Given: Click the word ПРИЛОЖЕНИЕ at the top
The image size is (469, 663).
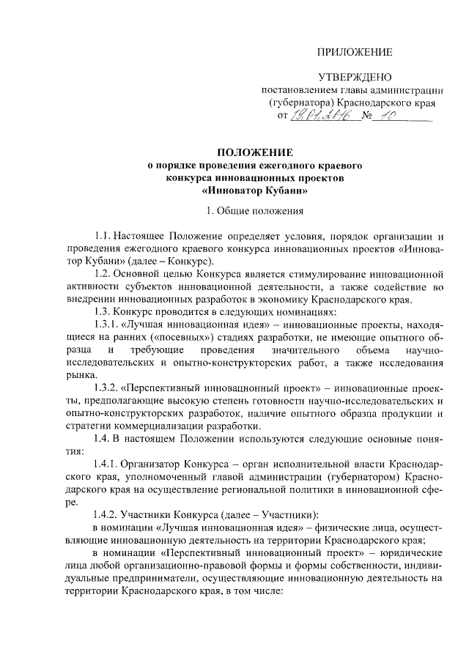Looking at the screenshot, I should click(x=355, y=51).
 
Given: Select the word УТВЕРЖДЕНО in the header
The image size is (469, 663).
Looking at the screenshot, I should click(x=355, y=77).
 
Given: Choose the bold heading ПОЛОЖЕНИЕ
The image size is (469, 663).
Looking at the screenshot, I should click(x=254, y=152).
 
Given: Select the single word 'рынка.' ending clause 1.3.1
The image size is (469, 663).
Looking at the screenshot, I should click(x=80, y=374).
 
